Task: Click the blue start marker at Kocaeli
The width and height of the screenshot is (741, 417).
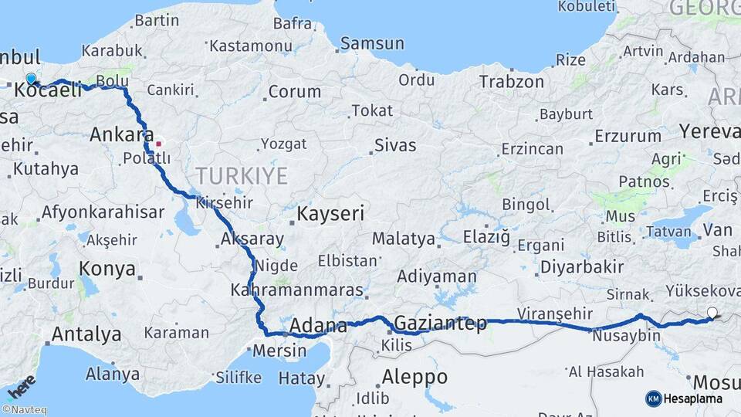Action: click(x=31, y=79)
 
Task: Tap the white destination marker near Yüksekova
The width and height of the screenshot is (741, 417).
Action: click(x=712, y=313)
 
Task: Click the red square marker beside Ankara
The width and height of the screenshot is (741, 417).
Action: click(x=158, y=143)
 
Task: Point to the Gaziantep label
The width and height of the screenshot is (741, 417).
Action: click(x=441, y=323)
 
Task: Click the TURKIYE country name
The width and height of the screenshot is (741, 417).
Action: click(x=242, y=176)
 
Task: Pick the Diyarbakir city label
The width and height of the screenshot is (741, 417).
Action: click(x=582, y=266)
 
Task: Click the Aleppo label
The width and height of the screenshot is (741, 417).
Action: click(x=415, y=377)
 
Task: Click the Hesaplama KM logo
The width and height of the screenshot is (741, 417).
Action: click(x=684, y=398)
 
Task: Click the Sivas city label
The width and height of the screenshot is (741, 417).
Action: click(x=395, y=144)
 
